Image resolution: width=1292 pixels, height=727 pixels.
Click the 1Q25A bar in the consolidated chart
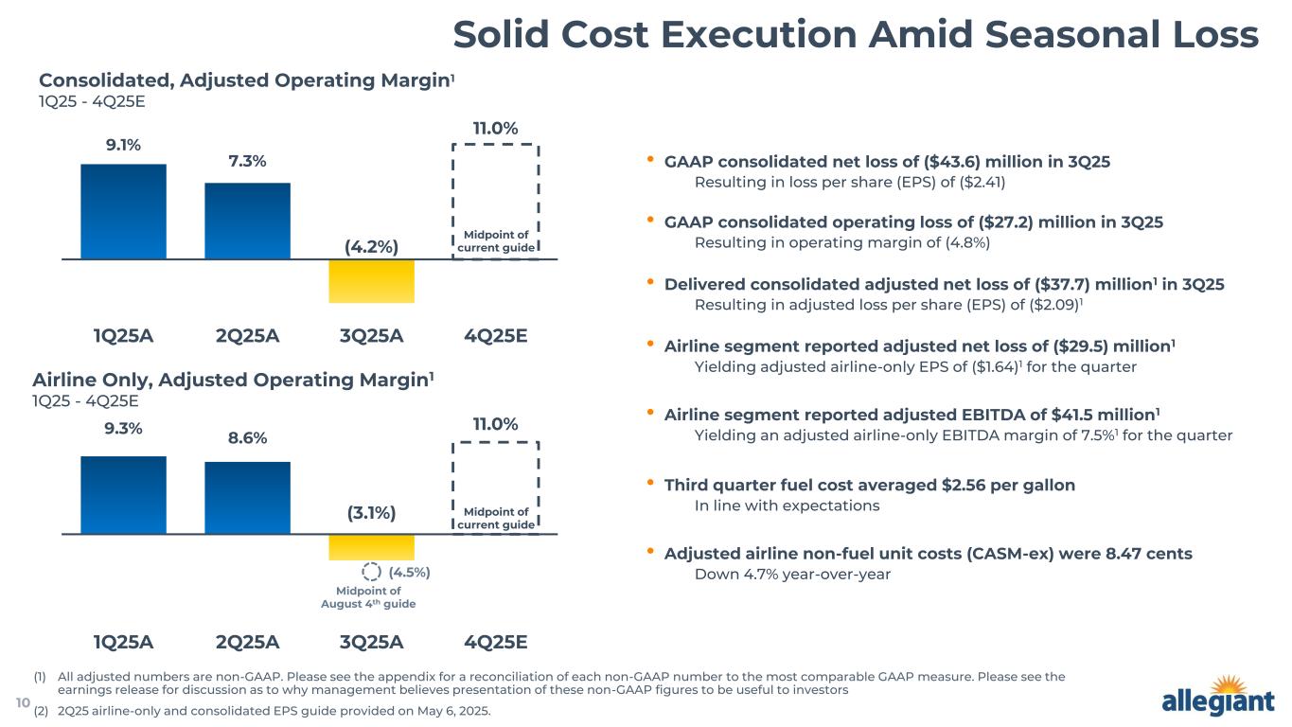point(123,211)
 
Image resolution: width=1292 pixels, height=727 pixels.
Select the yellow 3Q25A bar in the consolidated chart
point(371,281)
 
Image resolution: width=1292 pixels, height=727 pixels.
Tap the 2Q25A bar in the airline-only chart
point(247,498)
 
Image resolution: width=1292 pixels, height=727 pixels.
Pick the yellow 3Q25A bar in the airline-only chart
point(371,547)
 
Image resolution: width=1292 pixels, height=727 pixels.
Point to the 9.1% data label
point(123,145)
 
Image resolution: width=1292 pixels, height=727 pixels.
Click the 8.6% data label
point(247,438)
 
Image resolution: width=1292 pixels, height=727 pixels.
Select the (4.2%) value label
point(371,247)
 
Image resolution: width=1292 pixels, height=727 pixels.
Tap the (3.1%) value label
point(371,513)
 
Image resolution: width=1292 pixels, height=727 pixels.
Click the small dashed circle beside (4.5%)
point(372,572)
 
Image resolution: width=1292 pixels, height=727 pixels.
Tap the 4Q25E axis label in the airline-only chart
point(495,642)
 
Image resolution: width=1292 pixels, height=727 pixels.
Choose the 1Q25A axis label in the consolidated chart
point(123,336)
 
